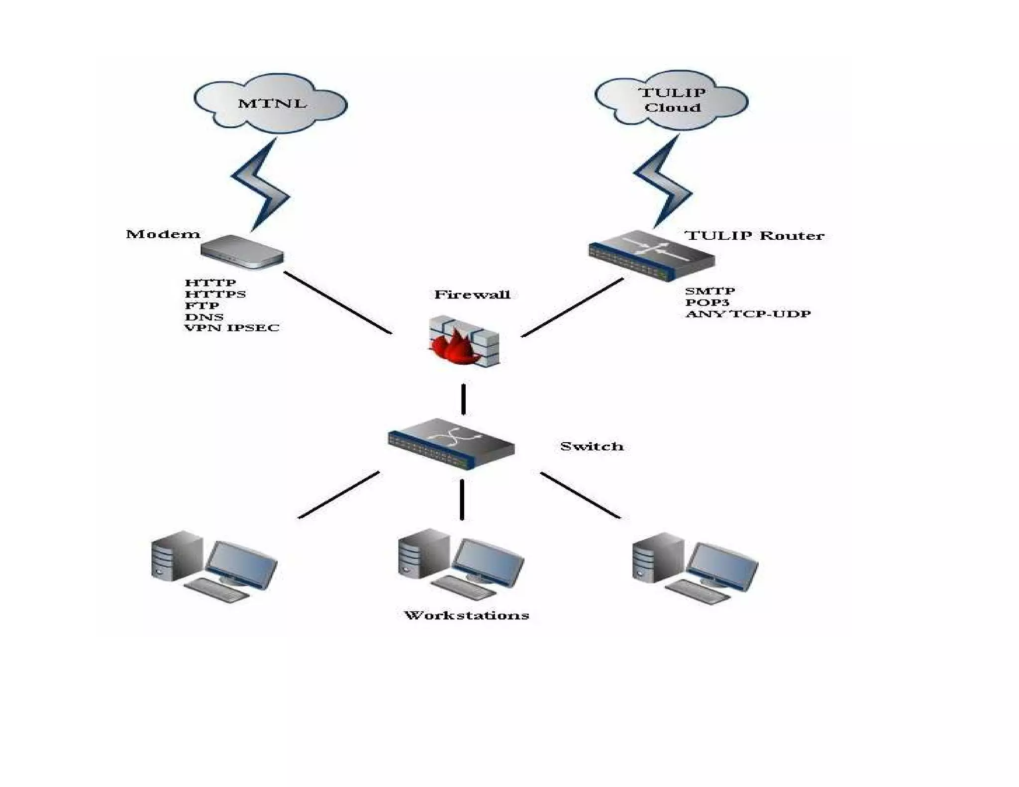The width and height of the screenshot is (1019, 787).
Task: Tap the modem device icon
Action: [x=242, y=252]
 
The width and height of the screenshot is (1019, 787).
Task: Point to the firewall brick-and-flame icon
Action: [x=464, y=342]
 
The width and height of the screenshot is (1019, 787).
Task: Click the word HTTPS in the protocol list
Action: [x=215, y=294]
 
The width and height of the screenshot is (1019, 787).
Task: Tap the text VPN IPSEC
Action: [x=232, y=328]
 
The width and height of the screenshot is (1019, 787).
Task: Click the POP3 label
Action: [x=707, y=302]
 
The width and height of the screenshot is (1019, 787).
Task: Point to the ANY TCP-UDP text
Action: [x=747, y=314]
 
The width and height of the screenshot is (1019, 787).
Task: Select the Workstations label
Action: [x=466, y=615]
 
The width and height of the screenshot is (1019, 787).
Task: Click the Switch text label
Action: [x=591, y=446]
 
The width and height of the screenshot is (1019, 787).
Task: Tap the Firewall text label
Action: [x=472, y=295]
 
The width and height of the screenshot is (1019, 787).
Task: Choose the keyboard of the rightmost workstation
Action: [x=698, y=592]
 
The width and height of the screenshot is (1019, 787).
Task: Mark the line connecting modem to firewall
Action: [x=337, y=302]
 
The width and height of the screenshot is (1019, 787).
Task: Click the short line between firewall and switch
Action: [x=463, y=399]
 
